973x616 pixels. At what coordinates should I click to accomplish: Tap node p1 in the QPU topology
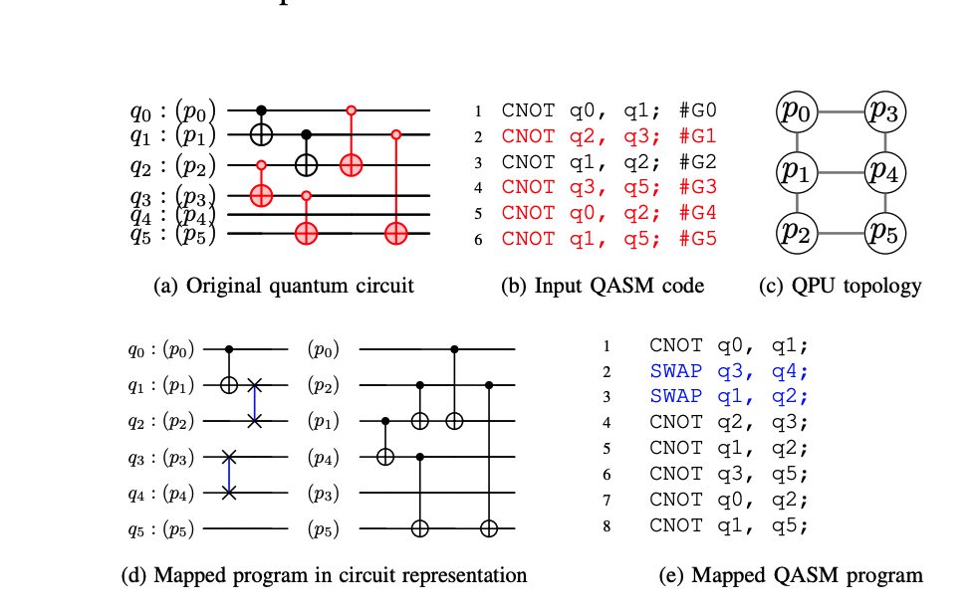(797, 173)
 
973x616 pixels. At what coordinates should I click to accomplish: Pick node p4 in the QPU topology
(883, 173)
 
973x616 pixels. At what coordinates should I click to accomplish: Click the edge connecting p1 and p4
(840, 173)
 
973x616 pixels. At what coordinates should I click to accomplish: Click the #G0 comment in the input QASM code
(698, 110)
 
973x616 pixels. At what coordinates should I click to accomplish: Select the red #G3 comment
(698, 187)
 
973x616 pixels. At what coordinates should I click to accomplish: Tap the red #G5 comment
(698, 239)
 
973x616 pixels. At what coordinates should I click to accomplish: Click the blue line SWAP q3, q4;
(728, 370)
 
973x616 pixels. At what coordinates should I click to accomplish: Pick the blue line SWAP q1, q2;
(728, 396)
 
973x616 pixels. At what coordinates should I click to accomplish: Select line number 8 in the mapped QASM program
(607, 525)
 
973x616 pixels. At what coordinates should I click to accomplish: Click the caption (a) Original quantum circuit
(284, 287)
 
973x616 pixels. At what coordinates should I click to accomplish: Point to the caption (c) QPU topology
(840, 287)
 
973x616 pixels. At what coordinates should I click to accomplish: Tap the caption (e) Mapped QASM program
(791, 575)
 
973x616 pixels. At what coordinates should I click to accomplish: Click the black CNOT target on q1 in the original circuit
(262, 132)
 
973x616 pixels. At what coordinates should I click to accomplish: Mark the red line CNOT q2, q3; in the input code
(609, 136)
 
